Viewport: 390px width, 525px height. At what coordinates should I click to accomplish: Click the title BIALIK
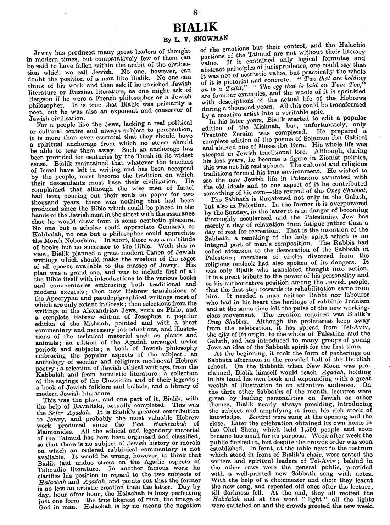point(195,27)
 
